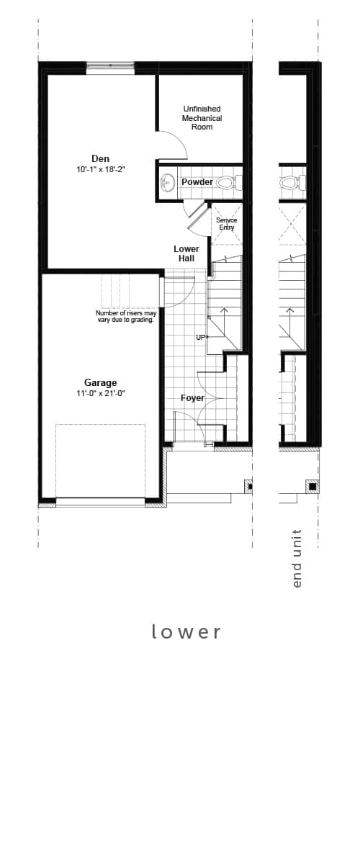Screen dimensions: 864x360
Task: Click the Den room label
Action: [x=100, y=158]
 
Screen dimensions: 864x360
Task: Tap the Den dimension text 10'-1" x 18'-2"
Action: [x=100, y=170]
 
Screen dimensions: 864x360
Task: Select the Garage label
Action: [x=100, y=383]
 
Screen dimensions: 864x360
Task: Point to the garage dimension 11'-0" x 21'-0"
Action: [x=100, y=394]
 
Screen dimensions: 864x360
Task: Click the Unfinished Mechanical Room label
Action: [x=202, y=118]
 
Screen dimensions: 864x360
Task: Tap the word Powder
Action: [x=197, y=182]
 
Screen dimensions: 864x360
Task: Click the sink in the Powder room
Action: [x=167, y=182]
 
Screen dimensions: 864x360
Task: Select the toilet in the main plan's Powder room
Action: [x=226, y=182]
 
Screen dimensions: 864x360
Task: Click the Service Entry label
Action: [x=226, y=224]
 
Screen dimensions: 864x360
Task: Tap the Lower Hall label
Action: [x=186, y=253]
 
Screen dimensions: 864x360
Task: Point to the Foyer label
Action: [x=192, y=398]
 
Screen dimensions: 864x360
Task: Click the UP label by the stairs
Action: [x=201, y=337]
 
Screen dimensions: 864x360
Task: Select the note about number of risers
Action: [x=126, y=316]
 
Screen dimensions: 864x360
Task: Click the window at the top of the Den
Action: [x=110, y=68]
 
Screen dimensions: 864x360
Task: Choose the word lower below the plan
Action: [x=186, y=631]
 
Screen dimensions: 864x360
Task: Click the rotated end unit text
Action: [x=297, y=559]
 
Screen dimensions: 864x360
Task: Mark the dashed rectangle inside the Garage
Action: [x=100, y=461]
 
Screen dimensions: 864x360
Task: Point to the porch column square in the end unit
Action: [x=312, y=486]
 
